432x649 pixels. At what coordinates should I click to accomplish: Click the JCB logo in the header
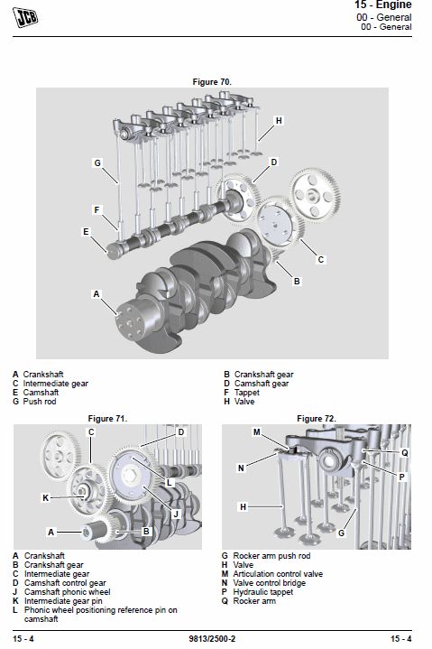tap(25, 17)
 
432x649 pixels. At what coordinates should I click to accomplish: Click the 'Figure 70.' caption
tap(212, 82)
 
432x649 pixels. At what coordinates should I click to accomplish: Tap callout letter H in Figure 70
tap(279, 120)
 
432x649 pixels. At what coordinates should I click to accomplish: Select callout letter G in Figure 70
tap(97, 163)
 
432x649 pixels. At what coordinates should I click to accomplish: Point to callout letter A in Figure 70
tap(97, 294)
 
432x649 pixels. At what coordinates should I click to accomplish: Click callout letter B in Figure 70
tap(297, 282)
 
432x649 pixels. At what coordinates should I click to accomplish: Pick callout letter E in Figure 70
tap(86, 232)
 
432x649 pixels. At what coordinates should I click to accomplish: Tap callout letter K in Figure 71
tap(46, 498)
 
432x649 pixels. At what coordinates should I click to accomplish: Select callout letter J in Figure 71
tap(176, 515)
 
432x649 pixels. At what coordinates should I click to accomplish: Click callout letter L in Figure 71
tap(169, 483)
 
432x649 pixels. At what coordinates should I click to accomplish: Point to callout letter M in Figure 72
tap(257, 432)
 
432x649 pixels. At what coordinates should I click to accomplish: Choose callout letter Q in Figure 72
tap(405, 453)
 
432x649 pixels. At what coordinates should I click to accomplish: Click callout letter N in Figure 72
tap(241, 468)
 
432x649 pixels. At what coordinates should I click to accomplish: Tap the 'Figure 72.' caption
tap(317, 419)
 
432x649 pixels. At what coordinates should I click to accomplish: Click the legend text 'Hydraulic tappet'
tap(263, 592)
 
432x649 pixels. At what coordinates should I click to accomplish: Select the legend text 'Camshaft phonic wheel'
tap(68, 592)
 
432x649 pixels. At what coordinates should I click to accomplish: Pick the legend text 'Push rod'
tap(40, 402)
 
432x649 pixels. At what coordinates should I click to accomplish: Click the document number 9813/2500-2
tap(212, 639)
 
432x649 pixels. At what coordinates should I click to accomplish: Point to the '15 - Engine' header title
tap(382, 5)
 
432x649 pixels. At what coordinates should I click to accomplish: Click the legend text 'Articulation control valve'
tap(278, 574)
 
